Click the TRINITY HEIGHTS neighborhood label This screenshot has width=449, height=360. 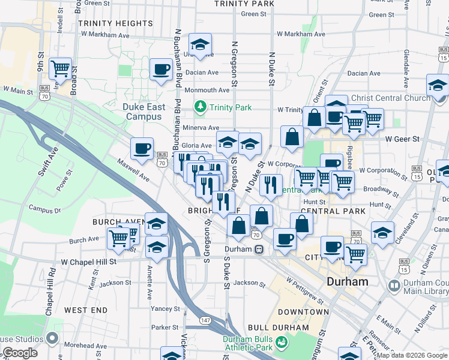point(115,23)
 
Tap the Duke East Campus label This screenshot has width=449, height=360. point(143,112)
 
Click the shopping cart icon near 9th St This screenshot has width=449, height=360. point(60,70)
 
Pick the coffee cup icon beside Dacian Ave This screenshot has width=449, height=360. point(160,70)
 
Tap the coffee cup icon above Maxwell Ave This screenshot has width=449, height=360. point(142,148)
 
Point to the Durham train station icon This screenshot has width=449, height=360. point(258,249)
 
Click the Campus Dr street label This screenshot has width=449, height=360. point(41,210)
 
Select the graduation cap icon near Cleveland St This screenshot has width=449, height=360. point(382,232)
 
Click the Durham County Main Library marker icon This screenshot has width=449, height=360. point(394,286)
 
